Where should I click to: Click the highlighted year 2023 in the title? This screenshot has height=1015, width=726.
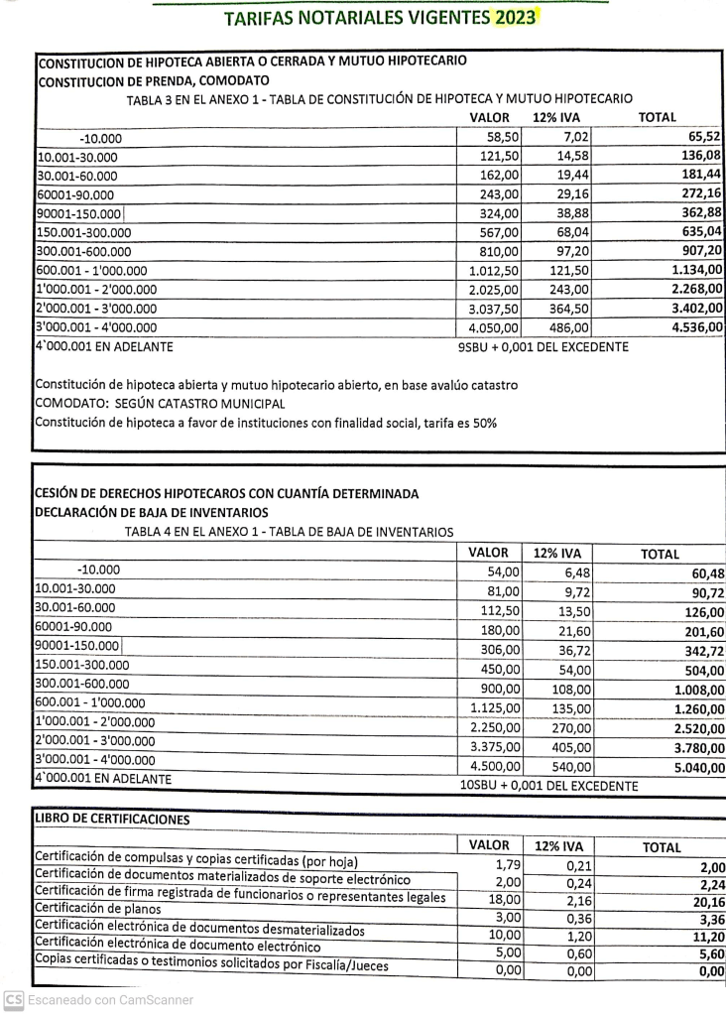516,18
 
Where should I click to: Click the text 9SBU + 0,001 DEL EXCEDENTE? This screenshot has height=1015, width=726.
543,347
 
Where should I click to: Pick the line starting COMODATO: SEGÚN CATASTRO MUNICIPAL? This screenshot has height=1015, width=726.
160,404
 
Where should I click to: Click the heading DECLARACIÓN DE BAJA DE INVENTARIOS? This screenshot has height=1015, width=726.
151,512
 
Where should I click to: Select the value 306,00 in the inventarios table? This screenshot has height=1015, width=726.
502,647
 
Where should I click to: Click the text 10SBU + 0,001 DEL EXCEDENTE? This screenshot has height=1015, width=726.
548,786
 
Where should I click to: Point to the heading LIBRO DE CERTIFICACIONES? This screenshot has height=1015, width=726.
111,819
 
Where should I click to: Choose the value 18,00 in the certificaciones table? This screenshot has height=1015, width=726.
505,898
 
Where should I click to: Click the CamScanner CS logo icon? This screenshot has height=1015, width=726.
14,1000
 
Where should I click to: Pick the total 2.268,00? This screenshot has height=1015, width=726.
696,289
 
